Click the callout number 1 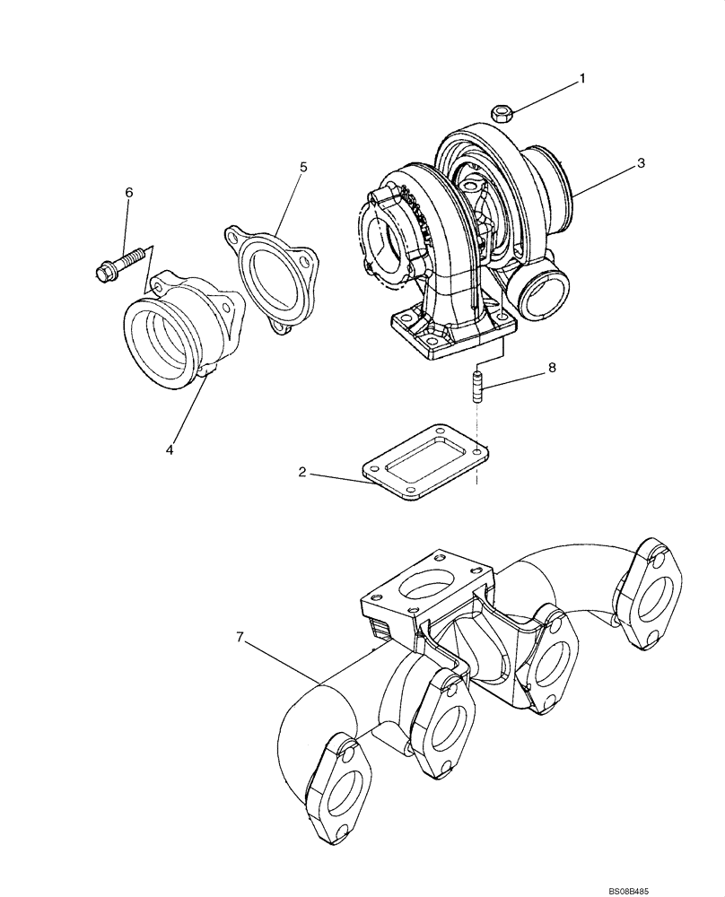point(581,79)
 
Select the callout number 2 point(303,471)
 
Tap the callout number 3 point(641,163)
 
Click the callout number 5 point(303,167)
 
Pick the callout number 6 point(128,193)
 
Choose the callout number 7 point(240,637)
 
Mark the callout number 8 point(552,367)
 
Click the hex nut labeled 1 point(502,113)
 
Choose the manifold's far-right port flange point(651,591)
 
